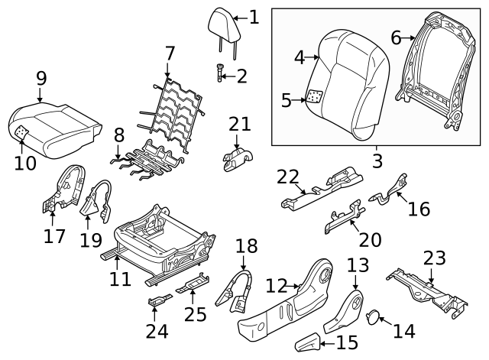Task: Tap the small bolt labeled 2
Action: click(x=219, y=75)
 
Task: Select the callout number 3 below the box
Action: click(x=377, y=162)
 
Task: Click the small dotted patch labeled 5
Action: click(x=314, y=98)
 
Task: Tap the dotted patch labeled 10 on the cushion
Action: click(x=22, y=132)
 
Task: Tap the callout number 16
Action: click(x=419, y=209)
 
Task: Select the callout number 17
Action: click(x=54, y=237)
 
